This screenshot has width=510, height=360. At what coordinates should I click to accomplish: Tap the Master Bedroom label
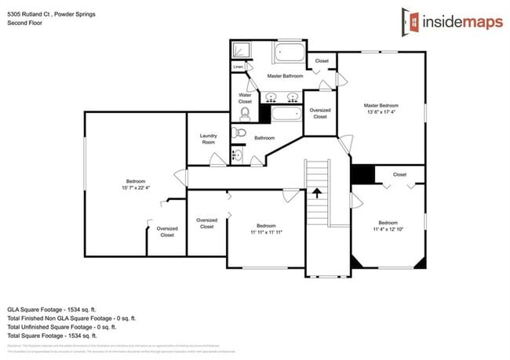coord(381,105)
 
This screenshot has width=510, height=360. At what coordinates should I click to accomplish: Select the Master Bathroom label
coord(284,76)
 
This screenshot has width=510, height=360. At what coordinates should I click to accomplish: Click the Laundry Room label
coord(208,139)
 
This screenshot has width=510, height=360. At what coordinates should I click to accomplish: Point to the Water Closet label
coord(245,98)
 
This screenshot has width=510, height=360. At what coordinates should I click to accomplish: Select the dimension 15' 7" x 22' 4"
coord(135,188)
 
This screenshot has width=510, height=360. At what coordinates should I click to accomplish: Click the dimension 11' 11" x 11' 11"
coord(266,232)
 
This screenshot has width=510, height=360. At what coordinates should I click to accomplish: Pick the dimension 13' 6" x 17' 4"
coord(381,112)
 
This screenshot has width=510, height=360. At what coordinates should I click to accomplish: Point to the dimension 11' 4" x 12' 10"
coord(389,228)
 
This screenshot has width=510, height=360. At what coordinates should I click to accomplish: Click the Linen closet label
coord(238,67)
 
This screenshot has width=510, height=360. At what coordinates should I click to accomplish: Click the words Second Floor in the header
coord(25,24)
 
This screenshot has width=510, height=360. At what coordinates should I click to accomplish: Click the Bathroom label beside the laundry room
coord(264,138)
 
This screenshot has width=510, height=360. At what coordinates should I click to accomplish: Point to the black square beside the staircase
coord(362,174)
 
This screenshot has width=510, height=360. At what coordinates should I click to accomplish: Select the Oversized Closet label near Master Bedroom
coord(320,114)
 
